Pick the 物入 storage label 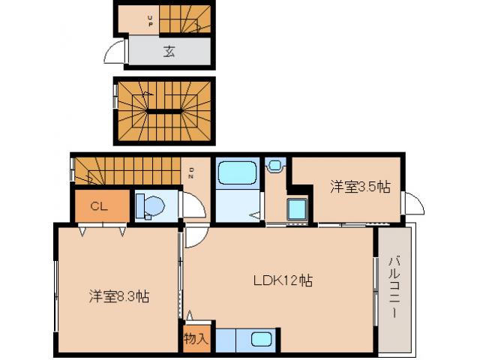click(196, 338)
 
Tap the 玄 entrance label click(169, 52)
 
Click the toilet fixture click(152, 205)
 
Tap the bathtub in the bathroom click(237, 175)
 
